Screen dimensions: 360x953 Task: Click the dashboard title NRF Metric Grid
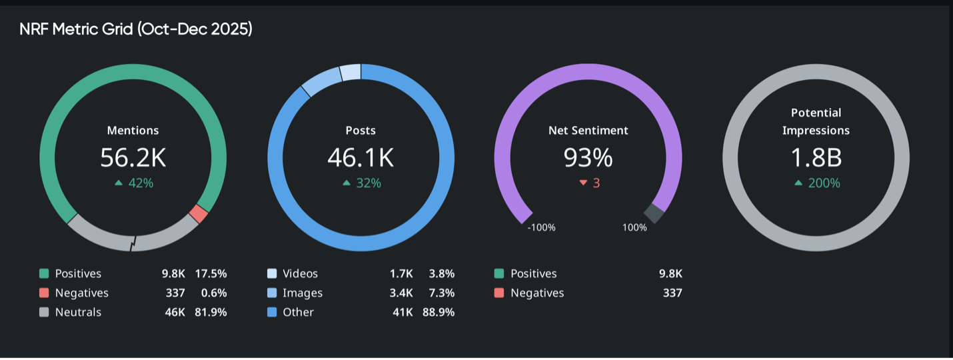[x=136, y=29]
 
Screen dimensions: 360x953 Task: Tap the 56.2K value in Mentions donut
[x=133, y=157]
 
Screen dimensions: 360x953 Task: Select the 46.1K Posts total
[x=361, y=157]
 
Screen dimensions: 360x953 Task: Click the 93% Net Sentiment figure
[x=588, y=157]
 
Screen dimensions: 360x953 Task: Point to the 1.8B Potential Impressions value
[x=816, y=157]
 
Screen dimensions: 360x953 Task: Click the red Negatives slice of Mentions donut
[x=199, y=214]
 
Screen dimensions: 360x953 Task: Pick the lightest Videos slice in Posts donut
[x=351, y=72]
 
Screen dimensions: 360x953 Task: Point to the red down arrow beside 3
[x=583, y=183]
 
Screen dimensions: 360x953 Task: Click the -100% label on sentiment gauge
[x=541, y=227]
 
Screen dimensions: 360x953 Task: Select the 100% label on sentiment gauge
[x=634, y=227]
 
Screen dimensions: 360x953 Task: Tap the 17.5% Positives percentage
[x=211, y=273]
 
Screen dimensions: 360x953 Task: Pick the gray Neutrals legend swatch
[x=44, y=312]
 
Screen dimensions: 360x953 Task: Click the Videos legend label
[x=300, y=273]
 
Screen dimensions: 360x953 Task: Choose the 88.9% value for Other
[x=439, y=312]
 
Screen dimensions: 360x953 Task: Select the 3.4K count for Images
[x=401, y=293]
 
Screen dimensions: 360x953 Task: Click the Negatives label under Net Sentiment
[x=537, y=293]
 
